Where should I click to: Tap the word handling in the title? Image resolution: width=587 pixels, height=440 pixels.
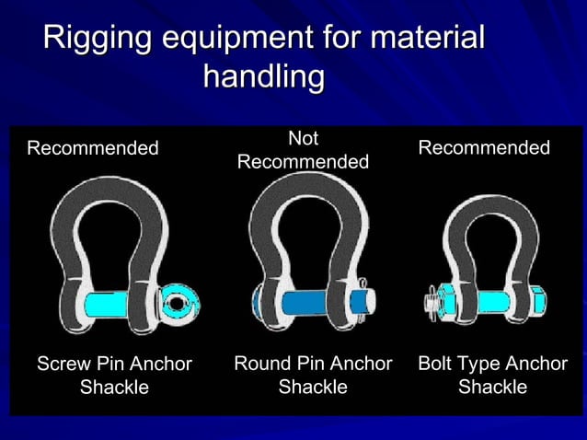[263, 77]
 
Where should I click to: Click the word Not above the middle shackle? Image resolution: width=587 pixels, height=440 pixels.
[303, 139]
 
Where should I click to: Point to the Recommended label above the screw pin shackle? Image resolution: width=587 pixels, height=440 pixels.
[92, 148]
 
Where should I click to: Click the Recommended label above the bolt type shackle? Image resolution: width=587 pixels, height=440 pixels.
[484, 148]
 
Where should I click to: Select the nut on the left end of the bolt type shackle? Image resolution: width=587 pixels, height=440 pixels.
[435, 301]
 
